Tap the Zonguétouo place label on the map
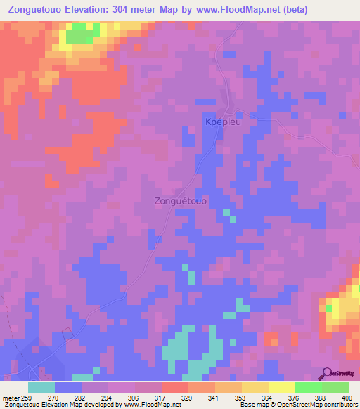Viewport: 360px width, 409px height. click(x=180, y=201)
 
